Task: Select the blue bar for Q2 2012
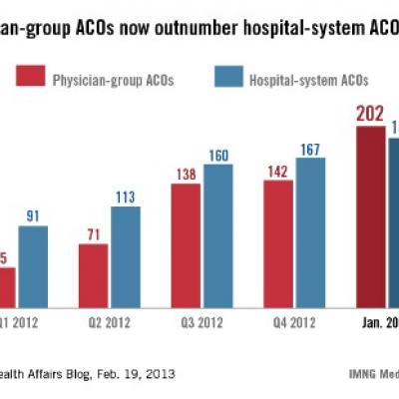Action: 126,255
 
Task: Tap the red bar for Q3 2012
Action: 187,243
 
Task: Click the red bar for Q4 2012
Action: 278,241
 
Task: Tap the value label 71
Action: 95,234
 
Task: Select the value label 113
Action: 126,198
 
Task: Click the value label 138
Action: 186,175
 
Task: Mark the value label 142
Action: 278,171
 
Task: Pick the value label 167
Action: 310,149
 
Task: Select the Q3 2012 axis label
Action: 200,323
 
